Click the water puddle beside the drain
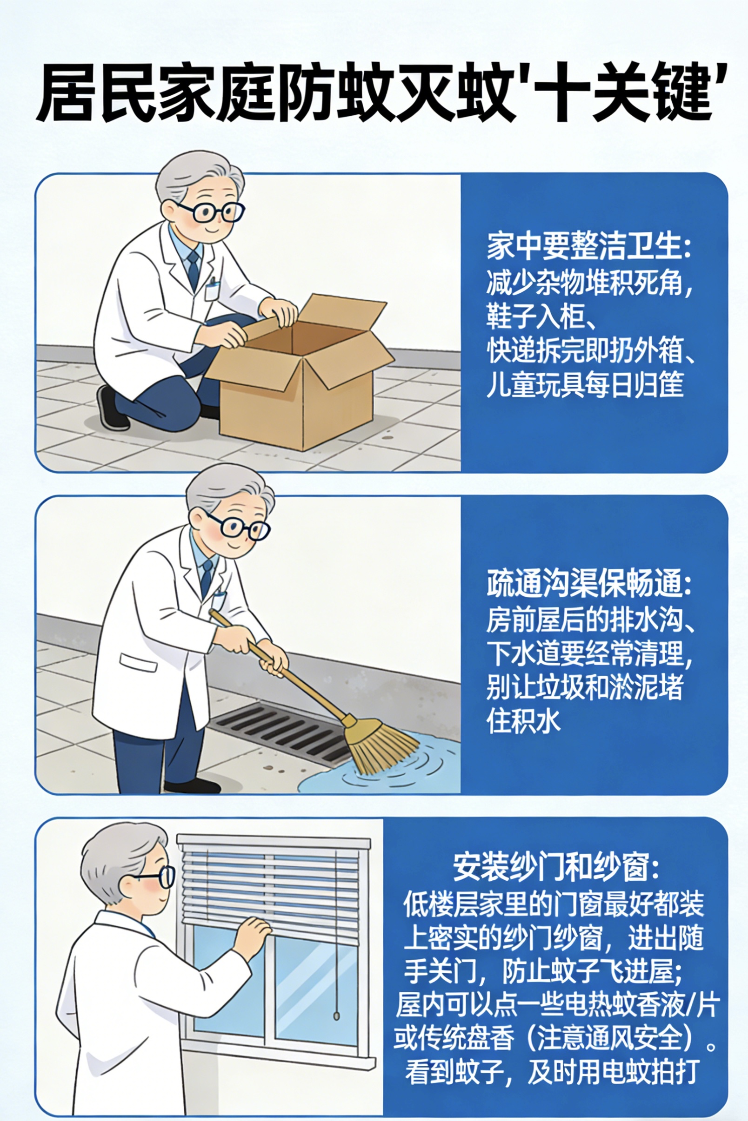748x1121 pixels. coord(381,767)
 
